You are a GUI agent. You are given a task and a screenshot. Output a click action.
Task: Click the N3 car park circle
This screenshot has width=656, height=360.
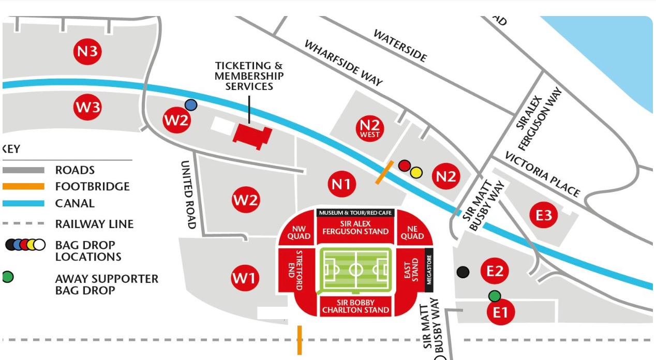(87, 52)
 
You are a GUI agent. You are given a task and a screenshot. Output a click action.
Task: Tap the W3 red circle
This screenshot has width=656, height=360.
(87, 108)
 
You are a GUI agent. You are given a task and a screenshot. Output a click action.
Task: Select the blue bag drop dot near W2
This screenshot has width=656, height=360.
(191, 105)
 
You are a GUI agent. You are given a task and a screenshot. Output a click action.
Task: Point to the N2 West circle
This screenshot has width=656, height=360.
(370, 128)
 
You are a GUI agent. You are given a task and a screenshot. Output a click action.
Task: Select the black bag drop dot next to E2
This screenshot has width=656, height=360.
(463, 272)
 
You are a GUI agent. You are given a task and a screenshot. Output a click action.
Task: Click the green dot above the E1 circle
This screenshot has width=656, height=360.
(495, 296)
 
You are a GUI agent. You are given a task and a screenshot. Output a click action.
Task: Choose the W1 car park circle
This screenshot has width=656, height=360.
(244, 278)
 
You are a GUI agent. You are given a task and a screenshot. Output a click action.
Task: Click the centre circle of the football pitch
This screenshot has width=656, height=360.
(356, 269)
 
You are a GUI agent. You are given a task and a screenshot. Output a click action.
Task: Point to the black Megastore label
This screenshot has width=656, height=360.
(428, 269)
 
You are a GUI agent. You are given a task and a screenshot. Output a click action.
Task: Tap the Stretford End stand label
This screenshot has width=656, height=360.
(299, 264)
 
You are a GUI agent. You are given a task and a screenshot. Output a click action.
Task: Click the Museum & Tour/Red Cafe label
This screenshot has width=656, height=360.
(355, 213)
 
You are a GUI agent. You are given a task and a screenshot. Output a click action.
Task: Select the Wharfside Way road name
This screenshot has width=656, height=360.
(343, 63)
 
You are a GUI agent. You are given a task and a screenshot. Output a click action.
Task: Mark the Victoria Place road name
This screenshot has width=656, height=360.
(542, 174)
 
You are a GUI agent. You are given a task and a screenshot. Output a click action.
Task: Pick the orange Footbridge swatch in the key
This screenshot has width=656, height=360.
(23, 187)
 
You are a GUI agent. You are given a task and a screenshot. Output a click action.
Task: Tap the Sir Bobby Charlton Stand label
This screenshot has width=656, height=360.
(355, 306)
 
